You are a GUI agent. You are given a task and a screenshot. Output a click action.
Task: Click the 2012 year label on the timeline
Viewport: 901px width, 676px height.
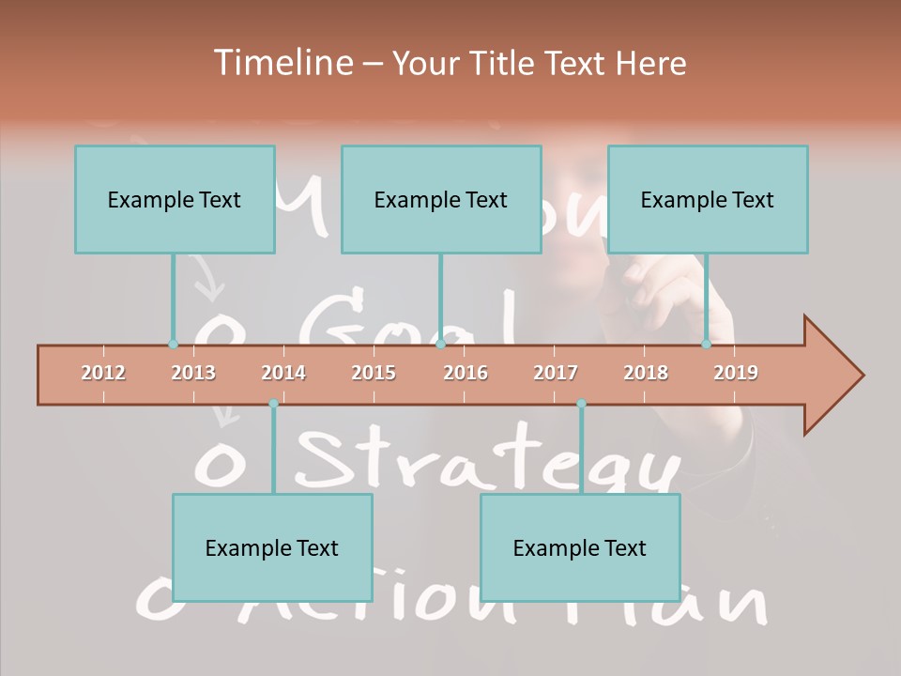(103, 373)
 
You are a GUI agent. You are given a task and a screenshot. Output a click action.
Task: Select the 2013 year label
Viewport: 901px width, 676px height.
(193, 373)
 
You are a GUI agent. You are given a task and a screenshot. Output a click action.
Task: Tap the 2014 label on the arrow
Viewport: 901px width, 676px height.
(283, 373)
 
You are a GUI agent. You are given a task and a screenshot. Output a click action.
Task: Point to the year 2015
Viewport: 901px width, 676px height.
(374, 373)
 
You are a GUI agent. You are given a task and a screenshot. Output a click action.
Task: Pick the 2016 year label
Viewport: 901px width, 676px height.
(466, 373)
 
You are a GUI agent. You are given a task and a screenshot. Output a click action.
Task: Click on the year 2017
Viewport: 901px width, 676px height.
(556, 373)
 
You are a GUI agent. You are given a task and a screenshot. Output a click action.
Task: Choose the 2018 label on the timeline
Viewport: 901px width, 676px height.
(646, 373)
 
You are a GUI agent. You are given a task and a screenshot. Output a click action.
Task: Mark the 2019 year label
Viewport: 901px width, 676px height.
(736, 373)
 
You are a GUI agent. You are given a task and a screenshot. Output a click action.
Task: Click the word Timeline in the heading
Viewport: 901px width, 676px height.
(281, 63)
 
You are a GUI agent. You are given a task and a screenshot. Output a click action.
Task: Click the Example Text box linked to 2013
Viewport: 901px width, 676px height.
(175, 199)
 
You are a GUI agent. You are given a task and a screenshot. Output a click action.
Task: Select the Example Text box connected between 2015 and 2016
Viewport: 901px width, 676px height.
(441, 199)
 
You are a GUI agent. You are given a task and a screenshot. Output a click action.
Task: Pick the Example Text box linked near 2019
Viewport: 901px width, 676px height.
(708, 199)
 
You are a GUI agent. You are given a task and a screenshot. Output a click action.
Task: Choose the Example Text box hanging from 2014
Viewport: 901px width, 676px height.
(272, 547)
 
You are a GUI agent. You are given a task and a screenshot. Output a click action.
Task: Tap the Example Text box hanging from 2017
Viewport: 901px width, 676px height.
(580, 547)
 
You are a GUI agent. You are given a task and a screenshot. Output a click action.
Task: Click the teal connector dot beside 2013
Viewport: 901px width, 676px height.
(173, 344)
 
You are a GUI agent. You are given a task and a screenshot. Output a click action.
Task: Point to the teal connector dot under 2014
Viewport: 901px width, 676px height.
(273, 404)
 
